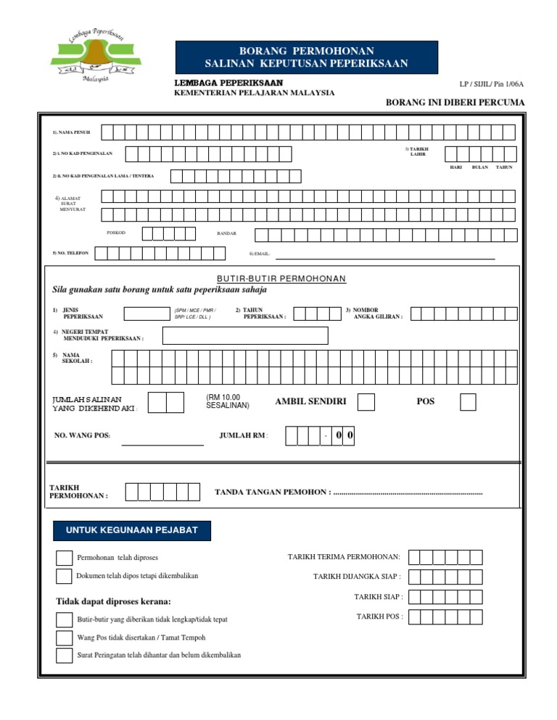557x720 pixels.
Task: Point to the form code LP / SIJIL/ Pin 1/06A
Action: point(491,85)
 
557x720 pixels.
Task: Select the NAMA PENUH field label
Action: point(71,133)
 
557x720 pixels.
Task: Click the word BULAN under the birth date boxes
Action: point(479,167)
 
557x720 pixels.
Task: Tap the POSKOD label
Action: point(116,233)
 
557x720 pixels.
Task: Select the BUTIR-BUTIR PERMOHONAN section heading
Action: point(281,279)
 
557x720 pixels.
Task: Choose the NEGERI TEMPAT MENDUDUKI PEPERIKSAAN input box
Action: point(245,335)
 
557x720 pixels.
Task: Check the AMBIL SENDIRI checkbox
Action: point(366,402)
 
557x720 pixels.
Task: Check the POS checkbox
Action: point(468,402)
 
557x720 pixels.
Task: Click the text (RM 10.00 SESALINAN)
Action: point(227,401)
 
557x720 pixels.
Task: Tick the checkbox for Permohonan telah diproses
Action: point(64,558)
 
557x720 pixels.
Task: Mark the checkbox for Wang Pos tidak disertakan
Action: point(64,637)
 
